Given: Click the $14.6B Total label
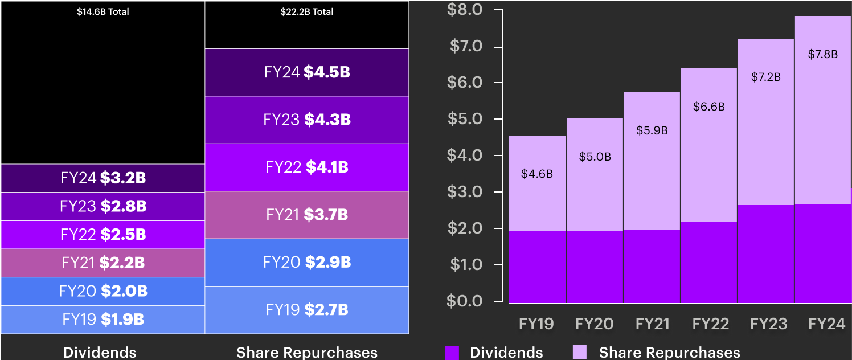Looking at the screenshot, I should pos(103,11).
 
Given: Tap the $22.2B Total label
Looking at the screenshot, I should pos(307,11).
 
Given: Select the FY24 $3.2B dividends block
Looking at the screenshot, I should pos(103,178).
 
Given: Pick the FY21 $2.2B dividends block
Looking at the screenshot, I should pos(103,263).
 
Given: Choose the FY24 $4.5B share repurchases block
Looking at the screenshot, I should pos(307,72).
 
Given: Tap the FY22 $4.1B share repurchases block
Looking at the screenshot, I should pos(307,167).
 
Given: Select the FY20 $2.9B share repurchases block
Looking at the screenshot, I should pos(307,262).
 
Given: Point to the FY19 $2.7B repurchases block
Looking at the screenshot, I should pos(307,310).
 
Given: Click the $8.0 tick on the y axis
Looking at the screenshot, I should pos(466,10).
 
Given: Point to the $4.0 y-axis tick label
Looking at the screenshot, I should pos(466,156).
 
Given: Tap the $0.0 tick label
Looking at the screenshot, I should pos(466,301).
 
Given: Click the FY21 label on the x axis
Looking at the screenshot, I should pos(652,324).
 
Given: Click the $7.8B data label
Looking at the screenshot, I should pos(822,55).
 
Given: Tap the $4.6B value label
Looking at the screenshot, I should pos(537,174).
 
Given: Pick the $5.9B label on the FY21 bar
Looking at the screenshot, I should pos(652,130).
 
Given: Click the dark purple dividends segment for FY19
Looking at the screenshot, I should pos(537,267).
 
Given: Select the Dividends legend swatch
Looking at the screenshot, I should pos(452,353).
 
